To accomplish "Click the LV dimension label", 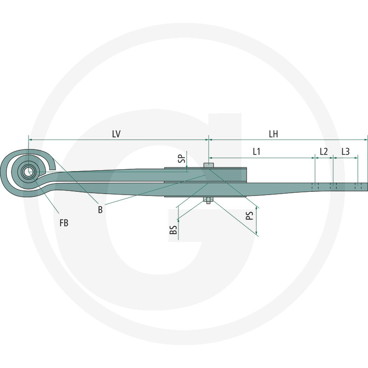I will coord(116,133).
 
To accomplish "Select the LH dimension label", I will coord(273,133).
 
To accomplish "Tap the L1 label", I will coord(257,151).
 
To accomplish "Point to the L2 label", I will coord(324,151).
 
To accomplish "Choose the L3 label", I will coord(345,151).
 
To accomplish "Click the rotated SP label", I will coord(181,159).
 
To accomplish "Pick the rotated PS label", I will coord(250,215).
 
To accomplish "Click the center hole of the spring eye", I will coord(29,172).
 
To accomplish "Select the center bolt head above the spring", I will coord(208,166).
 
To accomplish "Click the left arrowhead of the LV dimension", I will coord(30,139).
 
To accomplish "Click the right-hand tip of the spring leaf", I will coord(367,186).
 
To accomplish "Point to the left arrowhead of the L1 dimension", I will coord(211,157).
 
